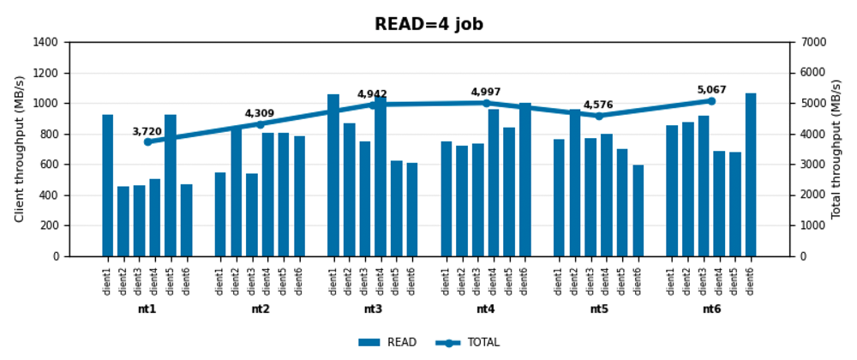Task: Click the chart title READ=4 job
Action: tap(428, 25)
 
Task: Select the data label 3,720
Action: tap(147, 132)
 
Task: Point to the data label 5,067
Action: tap(711, 90)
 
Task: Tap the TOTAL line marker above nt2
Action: tap(261, 124)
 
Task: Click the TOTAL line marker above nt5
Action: tap(599, 116)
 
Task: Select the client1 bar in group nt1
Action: tap(108, 185)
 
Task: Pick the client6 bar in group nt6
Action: tap(751, 175)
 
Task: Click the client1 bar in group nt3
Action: tap(333, 176)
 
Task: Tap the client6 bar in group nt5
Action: tap(638, 211)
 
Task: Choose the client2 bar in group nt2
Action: tap(237, 192)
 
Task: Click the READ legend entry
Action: tap(387, 343)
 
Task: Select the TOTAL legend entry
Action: tap(468, 343)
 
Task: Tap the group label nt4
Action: tap(486, 309)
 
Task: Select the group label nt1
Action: tap(147, 309)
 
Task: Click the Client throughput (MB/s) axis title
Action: tap(20, 149)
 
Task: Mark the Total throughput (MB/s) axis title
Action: tap(836, 149)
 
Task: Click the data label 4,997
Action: tap(486, 93)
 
